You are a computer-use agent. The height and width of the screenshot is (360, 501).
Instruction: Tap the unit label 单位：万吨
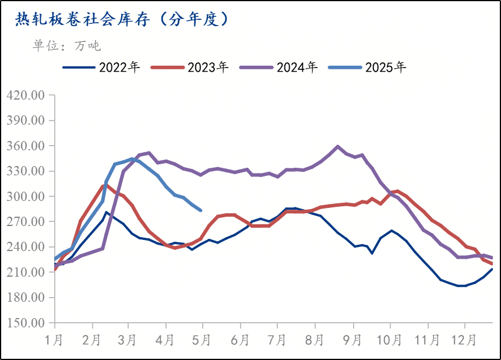coord(66,45)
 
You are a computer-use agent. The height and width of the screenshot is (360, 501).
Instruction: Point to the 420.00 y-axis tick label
coord(25,96)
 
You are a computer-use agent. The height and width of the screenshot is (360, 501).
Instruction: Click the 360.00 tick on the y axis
coord(25,146)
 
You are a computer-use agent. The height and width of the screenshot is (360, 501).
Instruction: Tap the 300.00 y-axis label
coord(25,197)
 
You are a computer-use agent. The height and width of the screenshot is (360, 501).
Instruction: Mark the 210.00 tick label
coord(25,273)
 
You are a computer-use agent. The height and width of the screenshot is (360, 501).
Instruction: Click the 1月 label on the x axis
coord(54,339)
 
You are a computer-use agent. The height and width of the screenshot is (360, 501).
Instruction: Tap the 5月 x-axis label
coord(203,339)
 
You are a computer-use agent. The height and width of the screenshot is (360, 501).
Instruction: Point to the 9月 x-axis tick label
coord(352,339)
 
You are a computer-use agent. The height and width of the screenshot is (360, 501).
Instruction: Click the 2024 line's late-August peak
coord(338,146)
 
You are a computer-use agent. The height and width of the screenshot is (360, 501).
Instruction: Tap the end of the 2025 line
coord(201,210)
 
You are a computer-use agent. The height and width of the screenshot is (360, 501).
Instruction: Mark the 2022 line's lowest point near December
coord(462,286)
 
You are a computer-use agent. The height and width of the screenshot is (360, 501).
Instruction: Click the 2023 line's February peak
coord(104,186)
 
